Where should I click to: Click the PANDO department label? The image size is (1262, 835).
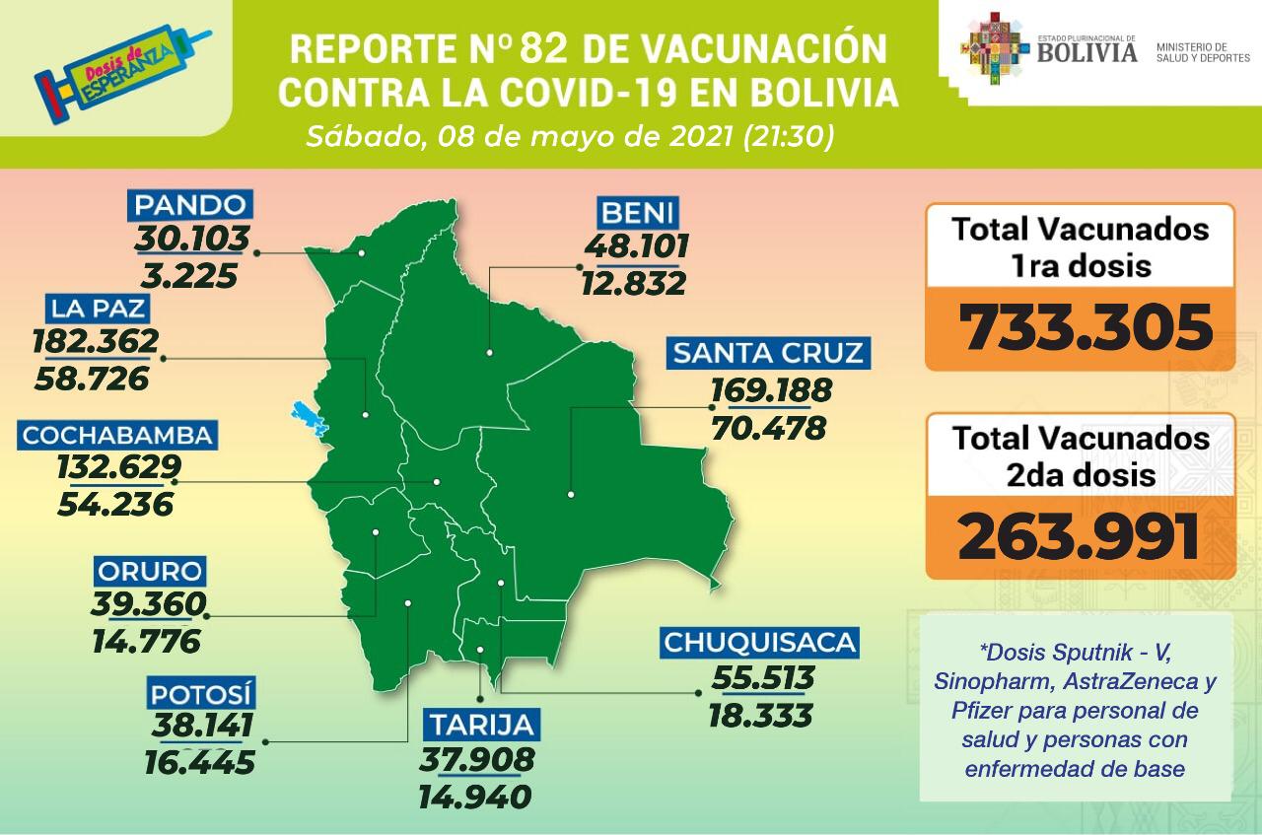(190, 206)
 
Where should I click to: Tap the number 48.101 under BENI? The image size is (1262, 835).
(635, 244)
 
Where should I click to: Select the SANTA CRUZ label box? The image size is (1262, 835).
(769, 353)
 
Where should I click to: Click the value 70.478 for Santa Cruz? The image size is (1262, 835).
(768, 429)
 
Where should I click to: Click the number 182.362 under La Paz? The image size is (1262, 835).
(95, 341)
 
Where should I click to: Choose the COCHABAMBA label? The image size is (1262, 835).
(117, 435)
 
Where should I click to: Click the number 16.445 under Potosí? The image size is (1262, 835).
(198, 761)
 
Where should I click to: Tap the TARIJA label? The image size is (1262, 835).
(483, 725)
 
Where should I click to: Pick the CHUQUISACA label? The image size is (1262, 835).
(759, 643)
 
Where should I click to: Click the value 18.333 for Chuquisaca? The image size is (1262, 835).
(760, 715)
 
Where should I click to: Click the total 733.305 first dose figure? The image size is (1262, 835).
(1086, 328)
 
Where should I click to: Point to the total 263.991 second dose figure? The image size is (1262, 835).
(1080, 537)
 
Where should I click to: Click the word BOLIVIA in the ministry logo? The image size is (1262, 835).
(1087, 51)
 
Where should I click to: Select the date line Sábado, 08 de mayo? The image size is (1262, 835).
(570, 136)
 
